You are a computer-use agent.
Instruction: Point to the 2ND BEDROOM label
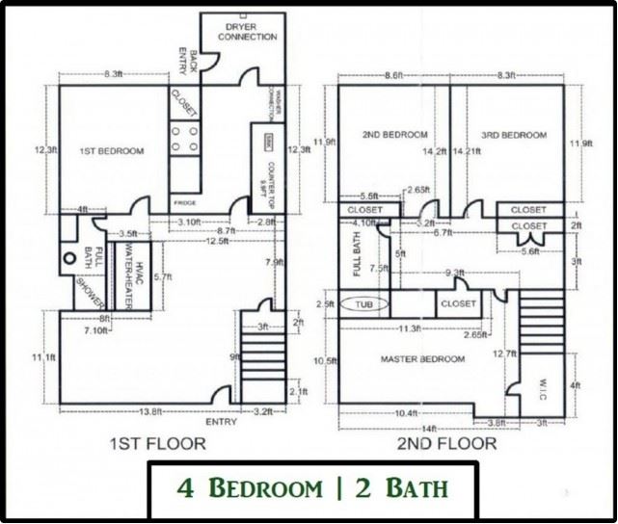click(394, 134)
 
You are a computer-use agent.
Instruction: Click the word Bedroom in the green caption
click(267, 488)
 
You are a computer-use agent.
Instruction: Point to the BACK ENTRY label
click(189, 60)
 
